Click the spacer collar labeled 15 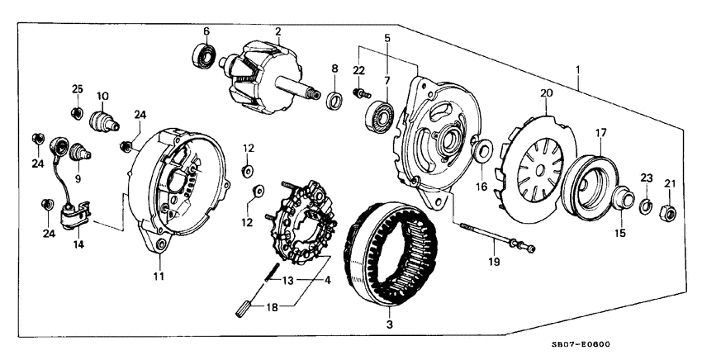tap(622, 201)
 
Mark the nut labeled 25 tap(76, 112)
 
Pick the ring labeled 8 tap(334, 102)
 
